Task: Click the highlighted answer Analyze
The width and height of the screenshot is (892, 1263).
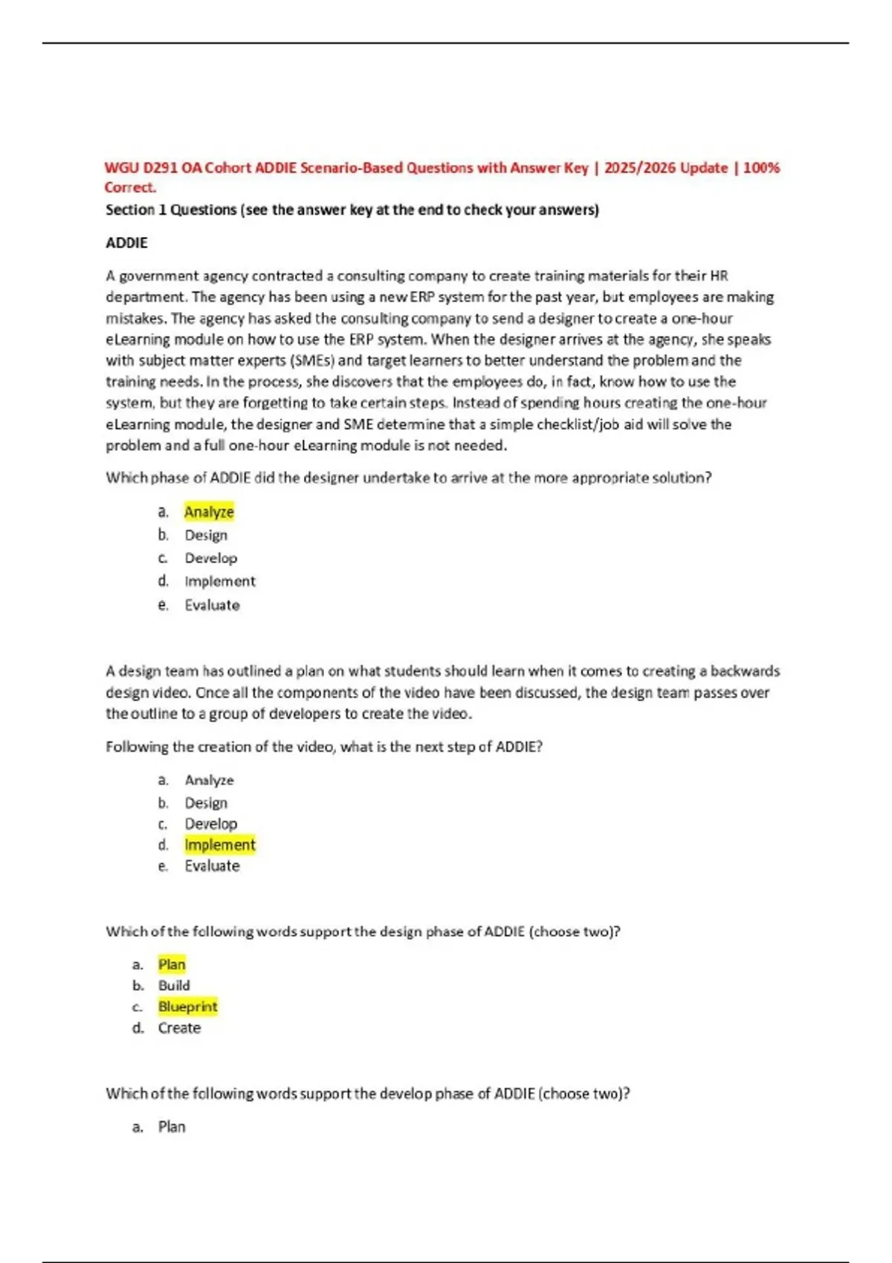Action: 209,512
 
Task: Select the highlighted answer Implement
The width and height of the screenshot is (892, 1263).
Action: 219,845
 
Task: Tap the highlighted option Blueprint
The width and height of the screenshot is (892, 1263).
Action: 187,1007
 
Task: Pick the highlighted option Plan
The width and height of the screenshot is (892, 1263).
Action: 172,964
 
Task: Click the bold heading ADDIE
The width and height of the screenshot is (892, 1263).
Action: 126,243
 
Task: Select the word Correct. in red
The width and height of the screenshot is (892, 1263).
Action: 130,187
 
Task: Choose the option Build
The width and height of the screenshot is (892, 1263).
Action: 174,985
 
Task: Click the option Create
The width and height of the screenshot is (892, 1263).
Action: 179,1028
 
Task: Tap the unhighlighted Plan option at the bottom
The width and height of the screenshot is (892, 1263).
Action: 172,1127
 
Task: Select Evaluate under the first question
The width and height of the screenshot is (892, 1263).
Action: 212,605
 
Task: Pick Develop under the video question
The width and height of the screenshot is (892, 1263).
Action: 211,824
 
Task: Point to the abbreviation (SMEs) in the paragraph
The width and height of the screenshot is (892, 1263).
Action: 312,360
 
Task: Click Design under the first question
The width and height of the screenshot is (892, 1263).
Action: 206,535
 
